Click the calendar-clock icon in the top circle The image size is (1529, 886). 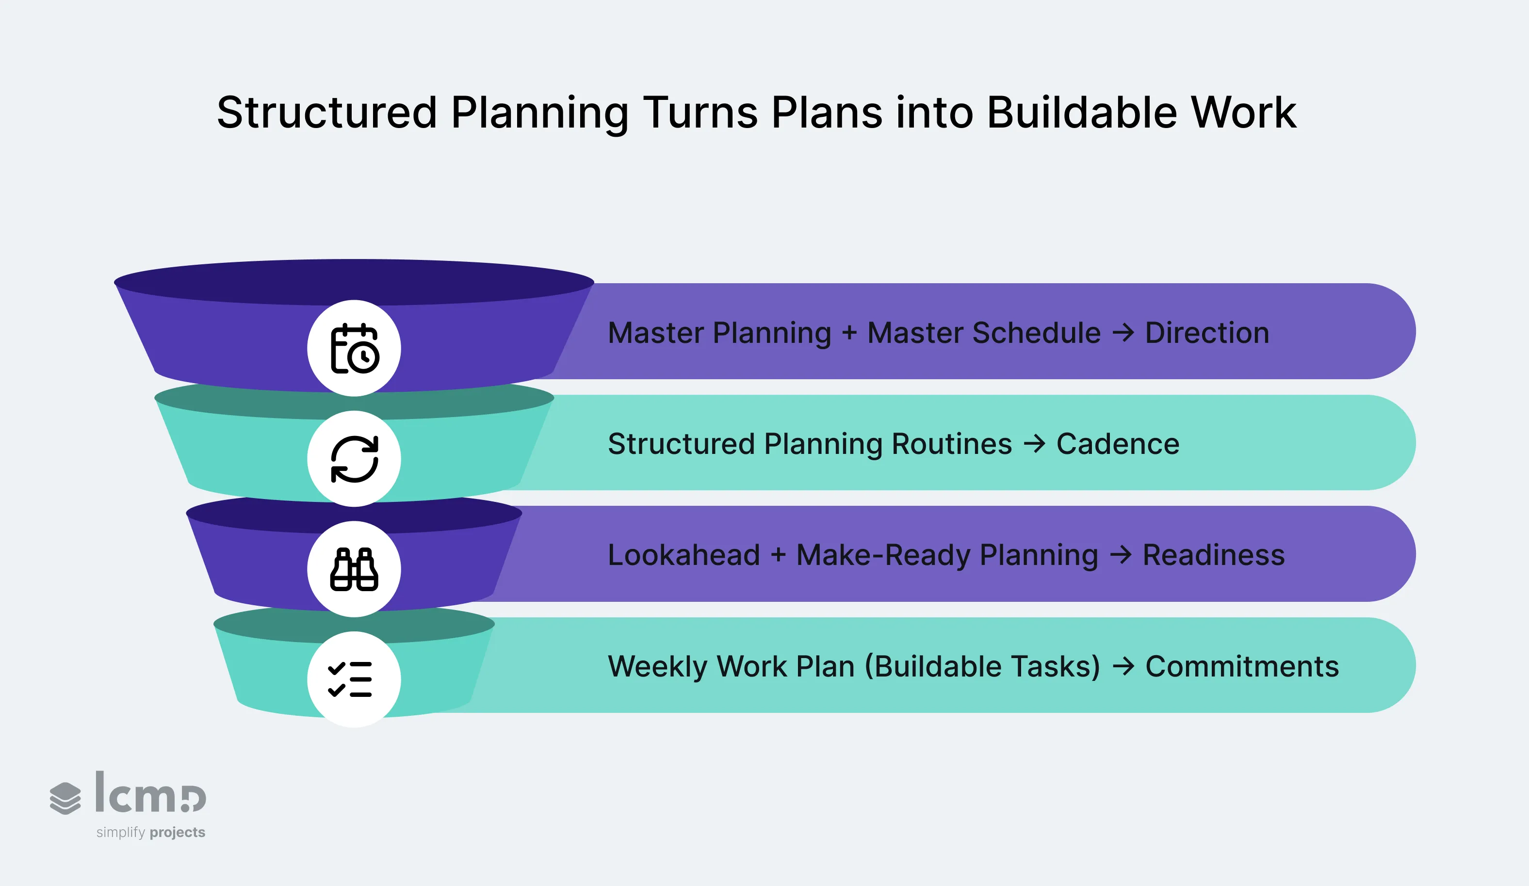[354, 348]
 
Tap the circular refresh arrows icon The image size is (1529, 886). [354, 459]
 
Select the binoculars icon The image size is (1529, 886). [354, 569]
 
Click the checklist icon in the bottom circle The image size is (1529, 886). [351, 679]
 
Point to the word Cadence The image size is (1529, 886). [1118, 443]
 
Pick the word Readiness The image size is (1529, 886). [1214, 554]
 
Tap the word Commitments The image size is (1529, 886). [1242, 666]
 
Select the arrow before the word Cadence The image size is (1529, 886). [1035, 443]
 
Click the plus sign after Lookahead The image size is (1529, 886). [779, 554]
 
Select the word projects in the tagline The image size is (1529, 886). [177, 832]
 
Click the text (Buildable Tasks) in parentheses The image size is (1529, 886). [982, 666]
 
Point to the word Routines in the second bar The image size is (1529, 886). [952, 443]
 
